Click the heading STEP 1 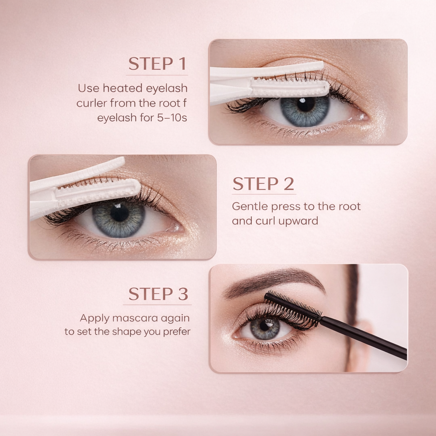[x=158, y=64]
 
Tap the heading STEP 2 [x=263, y=184]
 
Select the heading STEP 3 [x=158, y=294]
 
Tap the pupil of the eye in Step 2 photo [x=120, y=213]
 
